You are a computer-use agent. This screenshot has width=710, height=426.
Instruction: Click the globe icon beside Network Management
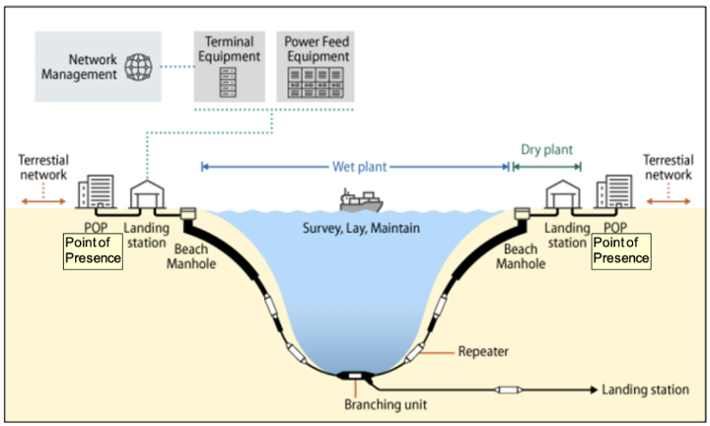tap(138, 67)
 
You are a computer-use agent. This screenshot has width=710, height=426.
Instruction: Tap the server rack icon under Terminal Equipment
tap(228, 83)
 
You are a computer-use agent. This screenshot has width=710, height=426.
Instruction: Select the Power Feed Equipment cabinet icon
tap(316, 83)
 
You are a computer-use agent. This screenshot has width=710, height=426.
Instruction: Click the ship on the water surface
tap(361, 200)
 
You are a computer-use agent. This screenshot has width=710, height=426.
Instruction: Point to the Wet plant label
tap(360, 167)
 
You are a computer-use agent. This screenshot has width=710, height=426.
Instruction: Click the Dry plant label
tap(546, 149)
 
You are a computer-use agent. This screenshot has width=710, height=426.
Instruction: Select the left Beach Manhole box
tap(188, 213)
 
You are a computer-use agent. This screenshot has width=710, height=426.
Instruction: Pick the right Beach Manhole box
tap(522, 214)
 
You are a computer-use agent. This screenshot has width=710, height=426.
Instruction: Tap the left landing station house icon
tap(147, 194)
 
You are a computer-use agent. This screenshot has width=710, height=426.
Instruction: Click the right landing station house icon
tap(562, 194)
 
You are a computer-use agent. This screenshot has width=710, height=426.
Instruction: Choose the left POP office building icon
tap(96, 191)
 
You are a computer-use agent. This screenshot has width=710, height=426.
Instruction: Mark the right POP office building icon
tap(614, 191)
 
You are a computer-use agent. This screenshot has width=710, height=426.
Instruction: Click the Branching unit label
tap(386, 404)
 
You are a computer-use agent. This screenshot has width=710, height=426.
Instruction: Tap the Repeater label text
tap(483, 351)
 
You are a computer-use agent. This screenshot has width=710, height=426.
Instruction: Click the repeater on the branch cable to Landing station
tap(509, 390)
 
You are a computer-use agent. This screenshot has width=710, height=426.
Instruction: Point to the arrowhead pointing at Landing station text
tap(594, 390)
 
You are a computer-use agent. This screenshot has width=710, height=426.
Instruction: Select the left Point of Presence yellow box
tap(93, 251)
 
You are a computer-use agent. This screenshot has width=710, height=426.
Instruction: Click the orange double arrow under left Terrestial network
tap(43, 201)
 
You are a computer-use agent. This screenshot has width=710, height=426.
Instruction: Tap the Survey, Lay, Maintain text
tap(361, 228)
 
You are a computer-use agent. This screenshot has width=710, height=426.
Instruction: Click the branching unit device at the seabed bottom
tap(355, 376)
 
